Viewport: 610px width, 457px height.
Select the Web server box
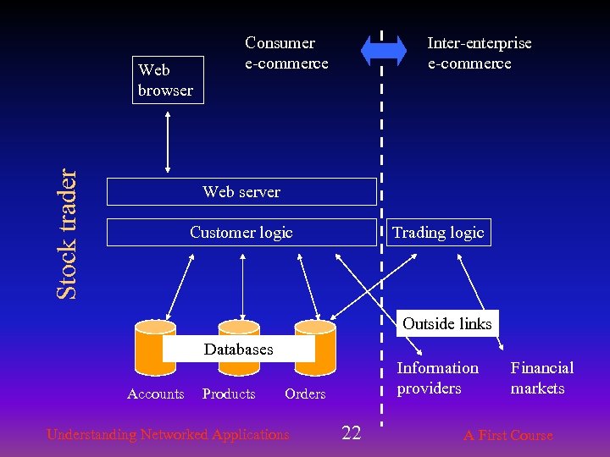pos(241,192)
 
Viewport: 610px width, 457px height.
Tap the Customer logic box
pos(241,233)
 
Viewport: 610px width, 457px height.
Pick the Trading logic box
pos(438,233)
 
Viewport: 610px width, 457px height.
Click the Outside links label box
pos(446,323)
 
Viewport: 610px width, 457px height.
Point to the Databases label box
pos(238,350)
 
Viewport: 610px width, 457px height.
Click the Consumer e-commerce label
pos(286,53)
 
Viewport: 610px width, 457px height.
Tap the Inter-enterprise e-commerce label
pos(480,53)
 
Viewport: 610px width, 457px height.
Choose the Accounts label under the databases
pos(155,394)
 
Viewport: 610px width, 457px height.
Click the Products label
pos(229,394)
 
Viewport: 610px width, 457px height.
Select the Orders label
pos(305,394)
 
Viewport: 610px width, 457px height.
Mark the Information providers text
pos(438,378)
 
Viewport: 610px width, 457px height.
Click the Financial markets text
pos(541,378)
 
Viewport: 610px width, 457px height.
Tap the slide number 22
pos(351,434)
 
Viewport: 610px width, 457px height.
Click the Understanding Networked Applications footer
pos(168,435)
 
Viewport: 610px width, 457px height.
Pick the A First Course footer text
pos(507,436)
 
